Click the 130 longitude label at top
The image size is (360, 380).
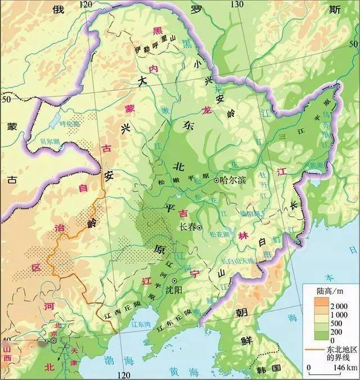(237, 4)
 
